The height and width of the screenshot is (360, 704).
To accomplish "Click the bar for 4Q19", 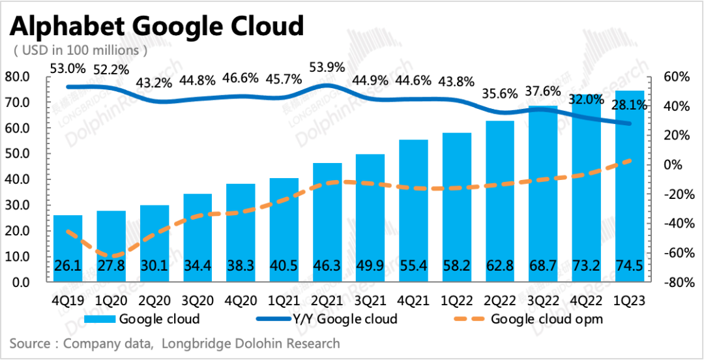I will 68,248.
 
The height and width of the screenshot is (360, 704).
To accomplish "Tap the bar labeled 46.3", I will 327,222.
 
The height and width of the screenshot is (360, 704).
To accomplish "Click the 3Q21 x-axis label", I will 370,301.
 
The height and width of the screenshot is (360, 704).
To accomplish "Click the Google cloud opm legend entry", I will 546,319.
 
